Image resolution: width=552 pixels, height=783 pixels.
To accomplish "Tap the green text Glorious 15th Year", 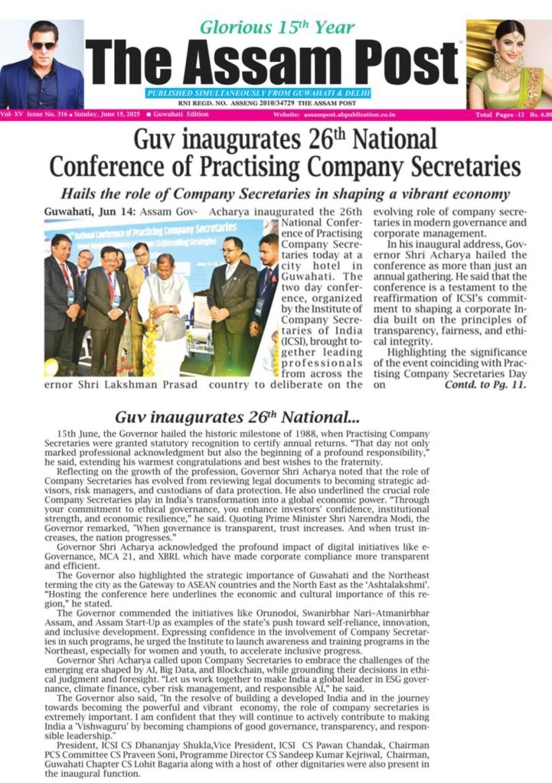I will (276, 28).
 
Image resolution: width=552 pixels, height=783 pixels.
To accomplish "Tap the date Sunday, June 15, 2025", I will (105, 115).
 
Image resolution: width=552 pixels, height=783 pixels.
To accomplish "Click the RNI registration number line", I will (273, 103).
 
